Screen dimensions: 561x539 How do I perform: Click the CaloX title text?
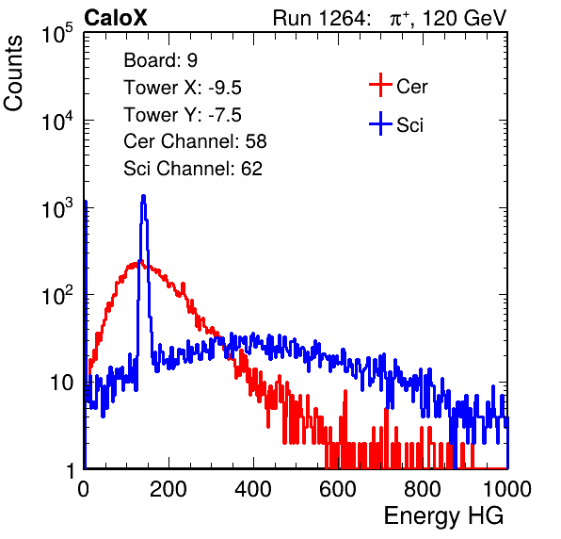click(x=116, y=18)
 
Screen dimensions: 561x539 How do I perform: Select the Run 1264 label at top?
click(x=319, y=18)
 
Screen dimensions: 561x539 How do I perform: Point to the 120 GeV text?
click(x=465, y=18)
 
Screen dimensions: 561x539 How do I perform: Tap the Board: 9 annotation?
click(x=160, y=60)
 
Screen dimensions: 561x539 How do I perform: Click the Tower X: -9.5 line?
click(x=183, y=88)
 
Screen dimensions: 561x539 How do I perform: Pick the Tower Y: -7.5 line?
click(x=183, y=115)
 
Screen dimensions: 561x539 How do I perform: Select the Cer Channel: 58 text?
click(x=195, y=141)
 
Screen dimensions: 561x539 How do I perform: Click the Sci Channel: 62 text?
click(x=193, y=169)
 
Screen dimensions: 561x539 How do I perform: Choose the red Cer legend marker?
click(x=380, y=85)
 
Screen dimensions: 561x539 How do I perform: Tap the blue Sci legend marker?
click(x=380, y=123)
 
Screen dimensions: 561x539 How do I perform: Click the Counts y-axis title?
click(x=13, y=73)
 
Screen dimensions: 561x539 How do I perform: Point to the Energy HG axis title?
click(x=443, y=516)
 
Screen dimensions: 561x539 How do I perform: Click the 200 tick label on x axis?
click(x=168, y=489)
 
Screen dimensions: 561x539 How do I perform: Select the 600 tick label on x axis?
click(x=338, y=489)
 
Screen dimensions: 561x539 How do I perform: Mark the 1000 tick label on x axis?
click(x=507, y=489)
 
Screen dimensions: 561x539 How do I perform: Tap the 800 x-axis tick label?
click(x=423, y=489)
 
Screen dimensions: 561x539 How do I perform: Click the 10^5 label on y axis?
click(x=57, y=33)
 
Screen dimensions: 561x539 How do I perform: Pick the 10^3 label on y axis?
click(x=57, y=208)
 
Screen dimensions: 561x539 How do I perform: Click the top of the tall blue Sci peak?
click(x=144, y=196)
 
